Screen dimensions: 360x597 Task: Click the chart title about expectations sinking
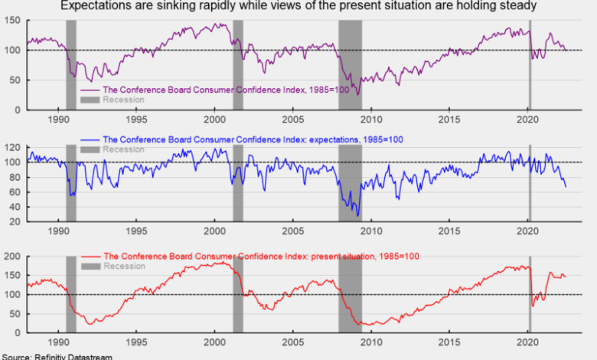point(298,6)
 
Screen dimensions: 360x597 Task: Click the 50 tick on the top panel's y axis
point(15,80)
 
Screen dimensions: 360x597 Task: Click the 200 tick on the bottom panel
point(12,257)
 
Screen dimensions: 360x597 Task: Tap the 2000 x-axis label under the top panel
point(215,119)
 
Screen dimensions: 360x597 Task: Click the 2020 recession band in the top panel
point(530,65)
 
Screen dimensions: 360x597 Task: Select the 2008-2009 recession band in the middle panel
point(350,184)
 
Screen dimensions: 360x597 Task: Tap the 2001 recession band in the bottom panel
point(238,295)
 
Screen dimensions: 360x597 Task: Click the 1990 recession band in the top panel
point(71,65)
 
